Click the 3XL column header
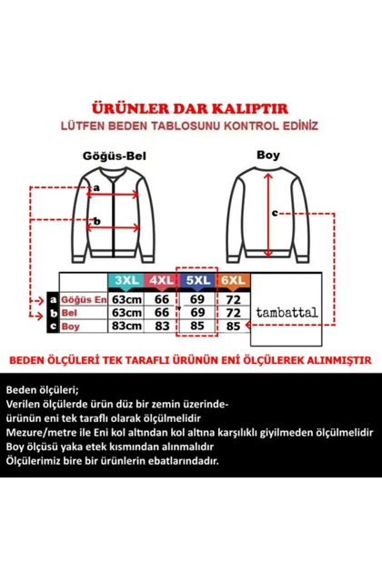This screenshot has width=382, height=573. click(x=126, y=281)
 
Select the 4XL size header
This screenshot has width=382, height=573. click(x=162, y=281)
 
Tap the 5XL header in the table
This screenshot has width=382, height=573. click(x=197, y=281)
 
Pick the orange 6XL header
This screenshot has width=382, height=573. click(x=233, y=281)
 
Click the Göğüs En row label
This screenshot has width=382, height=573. click(x=84, y=299)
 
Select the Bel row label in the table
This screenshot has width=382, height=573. click(x=69, y=313)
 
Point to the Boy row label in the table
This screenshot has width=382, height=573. click(x=70, y=327)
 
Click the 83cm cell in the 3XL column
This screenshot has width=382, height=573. click(x=126, y=326)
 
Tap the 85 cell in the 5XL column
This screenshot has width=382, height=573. click(x=197, y=326)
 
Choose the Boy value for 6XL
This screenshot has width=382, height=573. click(x=233, y=326)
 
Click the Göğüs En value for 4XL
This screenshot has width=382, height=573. click(x=162, y=299)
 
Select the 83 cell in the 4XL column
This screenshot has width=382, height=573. click(x=162, y=326)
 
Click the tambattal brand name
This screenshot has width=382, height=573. click(x=286, y=313)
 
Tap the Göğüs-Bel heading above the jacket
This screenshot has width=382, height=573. click(x=115, y=156)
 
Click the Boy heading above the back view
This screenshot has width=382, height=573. click(x=268, y=155)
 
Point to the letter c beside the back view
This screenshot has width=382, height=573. click(x=275, y=213)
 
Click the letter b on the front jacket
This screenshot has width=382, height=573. click(x=96, y=221)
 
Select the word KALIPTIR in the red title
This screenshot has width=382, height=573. click(x=250, y=108)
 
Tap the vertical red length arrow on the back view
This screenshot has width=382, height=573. click(x=268, y=215)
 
